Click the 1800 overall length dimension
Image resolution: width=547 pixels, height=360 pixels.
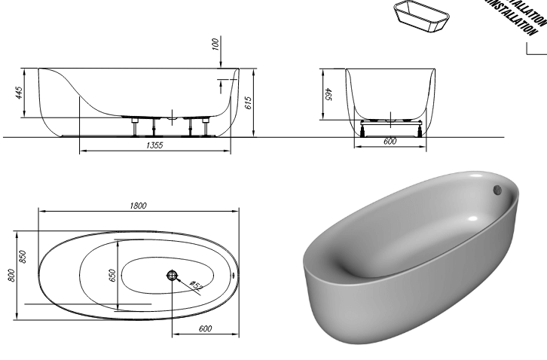tap(139, 206)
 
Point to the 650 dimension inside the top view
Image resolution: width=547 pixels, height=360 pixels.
tap(113, 276)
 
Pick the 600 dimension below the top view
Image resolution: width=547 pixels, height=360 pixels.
tap(206, 328)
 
